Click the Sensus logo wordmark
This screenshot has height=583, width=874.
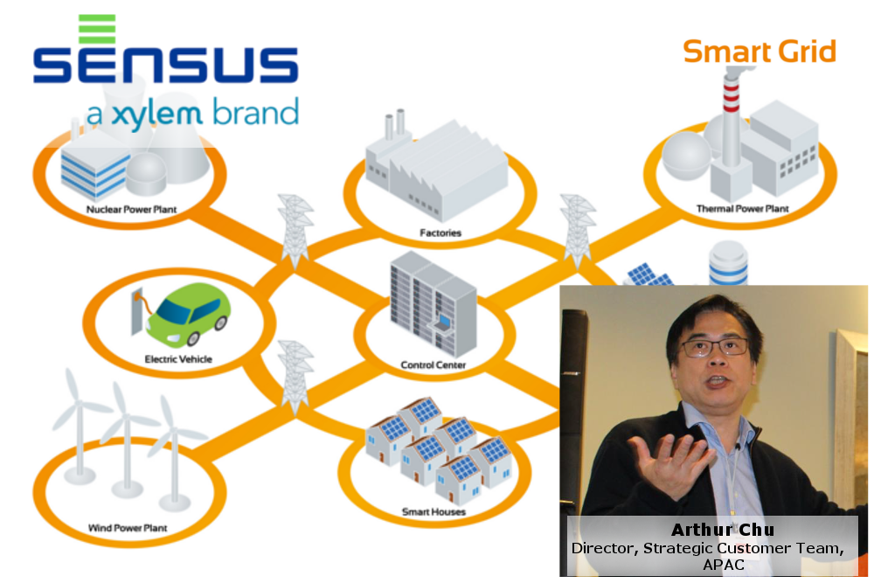pyautogui.click(x=165, y=65)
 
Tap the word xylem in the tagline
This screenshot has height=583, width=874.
pyautogui.click(x=156, y=114)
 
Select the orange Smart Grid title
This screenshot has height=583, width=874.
pyautogui.click(x=760, y=52)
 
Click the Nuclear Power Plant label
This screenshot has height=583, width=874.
pyautogui.click(x=132, y=210)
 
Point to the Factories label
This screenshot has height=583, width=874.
pyautogui.click(x=440, y=233)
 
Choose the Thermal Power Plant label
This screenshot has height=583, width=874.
pyautogui.click(x=742, y=209)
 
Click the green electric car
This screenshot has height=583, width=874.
pyautogui.click(x=188, y=315)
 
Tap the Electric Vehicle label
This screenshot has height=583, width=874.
pyautogui.click(x=178, y=359)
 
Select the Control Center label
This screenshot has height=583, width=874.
pyautogui.click(x=434, y=365)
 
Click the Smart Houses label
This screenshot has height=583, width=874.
pyautogui.click(x=434, y=511)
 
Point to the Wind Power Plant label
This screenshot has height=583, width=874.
pyautogui.click(x=128, y=528)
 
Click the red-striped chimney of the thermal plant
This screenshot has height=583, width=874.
pyautogui.click(x=732, y=117)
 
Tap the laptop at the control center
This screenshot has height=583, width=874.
pyautogui.click(x=442, y=324)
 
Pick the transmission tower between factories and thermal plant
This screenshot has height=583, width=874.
pyautogui.click(x=578, y=231)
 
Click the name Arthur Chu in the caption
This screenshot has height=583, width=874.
pyautogui.click(x=723, y=530)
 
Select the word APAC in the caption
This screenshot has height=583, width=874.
pyautogui.click(x=724, y=566)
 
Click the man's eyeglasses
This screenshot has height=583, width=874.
pyautogui.click(x=714, y=348)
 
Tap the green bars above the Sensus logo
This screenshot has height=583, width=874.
pyautogui.click(x=97, y=29)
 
